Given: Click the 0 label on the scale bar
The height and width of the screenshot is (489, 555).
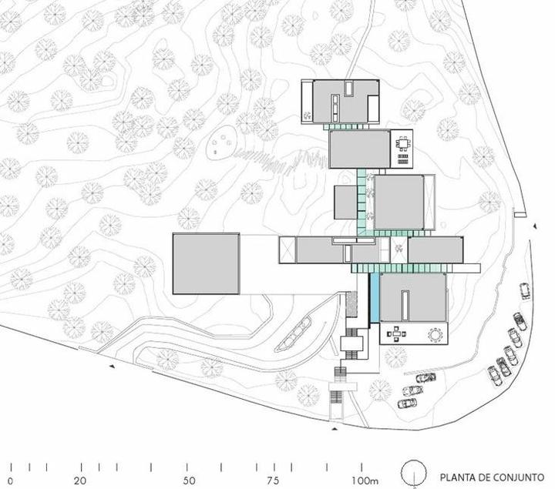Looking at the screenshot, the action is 10,481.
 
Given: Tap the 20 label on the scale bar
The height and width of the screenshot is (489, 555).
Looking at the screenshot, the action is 80,481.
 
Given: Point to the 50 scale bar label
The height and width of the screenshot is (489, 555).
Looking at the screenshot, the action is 190,481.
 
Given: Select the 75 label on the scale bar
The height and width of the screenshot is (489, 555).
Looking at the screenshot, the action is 273,481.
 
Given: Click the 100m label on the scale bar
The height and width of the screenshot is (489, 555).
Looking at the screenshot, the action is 365,481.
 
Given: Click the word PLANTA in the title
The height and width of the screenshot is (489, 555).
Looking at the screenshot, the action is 456,477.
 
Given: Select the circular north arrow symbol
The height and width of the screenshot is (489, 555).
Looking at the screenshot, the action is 414,472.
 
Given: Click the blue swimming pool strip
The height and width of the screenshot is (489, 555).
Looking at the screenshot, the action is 375,297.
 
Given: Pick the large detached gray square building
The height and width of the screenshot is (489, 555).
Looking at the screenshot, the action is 206,263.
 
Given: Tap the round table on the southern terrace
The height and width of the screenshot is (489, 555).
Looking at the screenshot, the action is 436,335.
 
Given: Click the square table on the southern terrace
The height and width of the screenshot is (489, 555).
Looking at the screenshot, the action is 396,333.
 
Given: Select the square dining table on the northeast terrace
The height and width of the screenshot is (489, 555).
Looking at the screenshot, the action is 403,144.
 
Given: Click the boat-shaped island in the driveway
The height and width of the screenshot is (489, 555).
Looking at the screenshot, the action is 294,334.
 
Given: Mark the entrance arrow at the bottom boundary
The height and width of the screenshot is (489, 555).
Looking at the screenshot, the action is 335,429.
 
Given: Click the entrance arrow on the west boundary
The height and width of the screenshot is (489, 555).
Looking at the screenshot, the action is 113,367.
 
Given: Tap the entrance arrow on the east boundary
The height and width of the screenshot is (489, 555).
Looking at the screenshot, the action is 536,226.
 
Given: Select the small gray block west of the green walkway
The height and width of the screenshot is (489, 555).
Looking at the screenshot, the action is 345,203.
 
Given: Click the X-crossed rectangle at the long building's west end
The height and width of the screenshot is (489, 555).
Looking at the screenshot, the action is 287,250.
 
